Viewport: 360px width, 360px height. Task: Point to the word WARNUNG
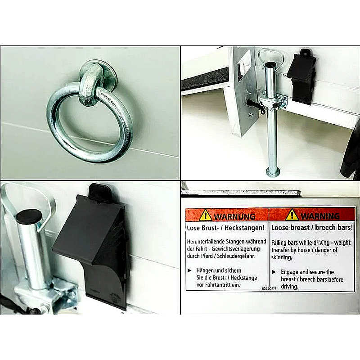click(x=234, y=216)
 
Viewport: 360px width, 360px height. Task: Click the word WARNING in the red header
click(x=320, y=216)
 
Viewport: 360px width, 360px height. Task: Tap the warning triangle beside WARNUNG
click(x=206, y=215)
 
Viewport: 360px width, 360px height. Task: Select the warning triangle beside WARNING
click(x=292, y=215)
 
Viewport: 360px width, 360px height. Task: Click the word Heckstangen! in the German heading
click(x=244, y=228)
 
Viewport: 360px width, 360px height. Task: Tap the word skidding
click(x=282, y=257)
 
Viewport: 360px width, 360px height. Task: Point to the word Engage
click(x=289, y=272)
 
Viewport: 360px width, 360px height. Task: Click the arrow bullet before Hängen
click(x=189, y=271)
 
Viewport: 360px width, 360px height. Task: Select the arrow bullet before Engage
click(x=274, y=272)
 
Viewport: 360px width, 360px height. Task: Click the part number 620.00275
click(x=269, y=288)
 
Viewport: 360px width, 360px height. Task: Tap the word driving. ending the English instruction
click(x=289, y=287)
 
